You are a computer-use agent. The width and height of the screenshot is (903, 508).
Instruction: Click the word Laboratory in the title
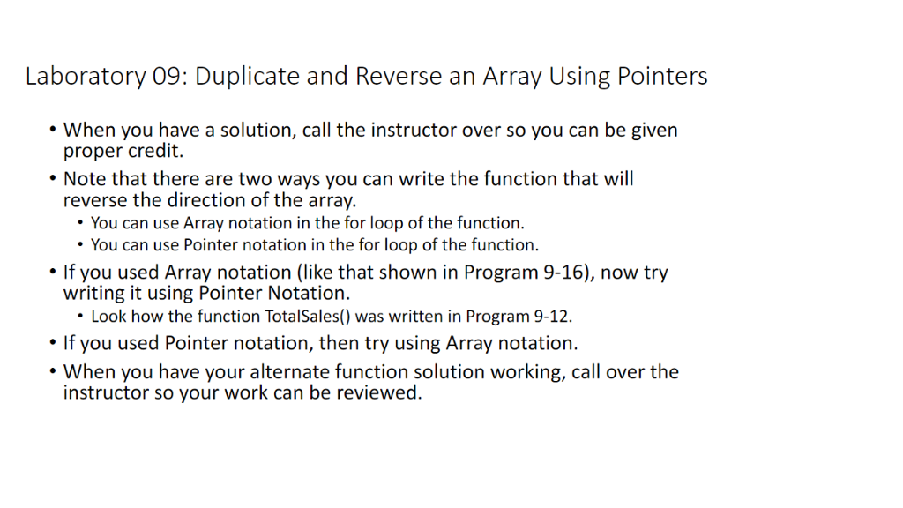(x=85, y=77)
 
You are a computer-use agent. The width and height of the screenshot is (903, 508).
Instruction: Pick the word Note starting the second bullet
(x=85, y=179)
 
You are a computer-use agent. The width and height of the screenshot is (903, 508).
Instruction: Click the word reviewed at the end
(x=380, y=392)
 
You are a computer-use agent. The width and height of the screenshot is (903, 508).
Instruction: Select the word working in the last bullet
(x=522, y=372)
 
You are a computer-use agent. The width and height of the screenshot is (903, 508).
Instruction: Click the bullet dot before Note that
(x=51, y=179)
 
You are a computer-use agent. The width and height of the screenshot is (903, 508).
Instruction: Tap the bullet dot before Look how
(x=81, y=316)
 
